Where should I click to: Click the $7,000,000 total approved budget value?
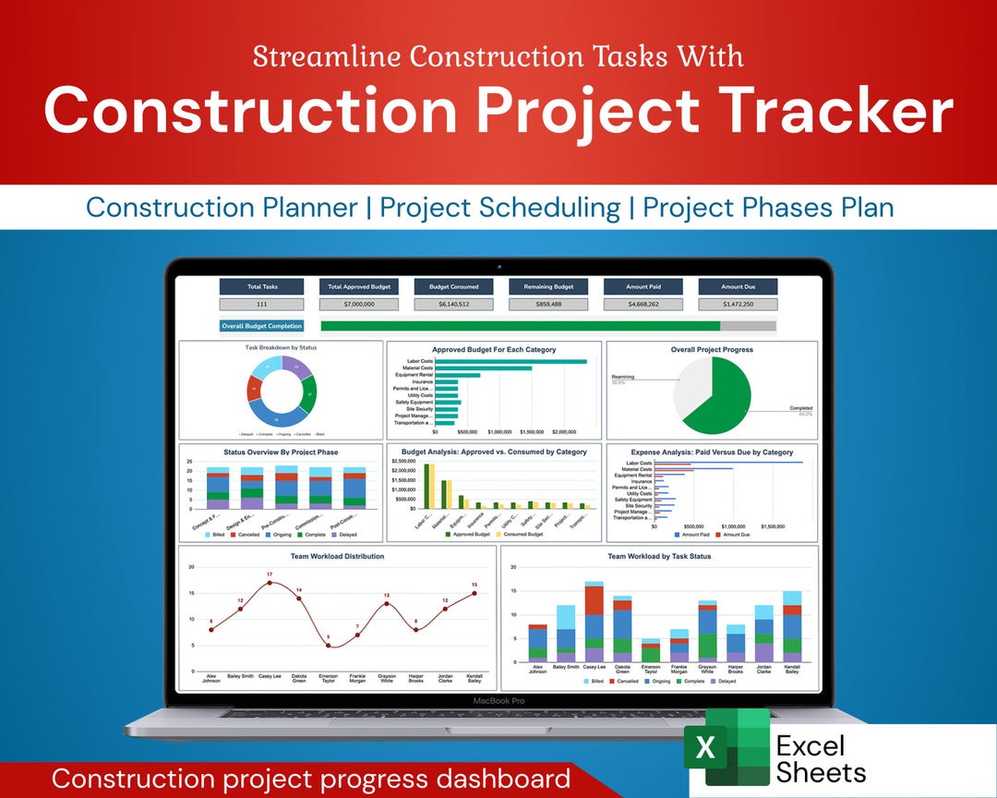tap(356, 304)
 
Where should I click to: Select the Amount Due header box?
tap(738, 286)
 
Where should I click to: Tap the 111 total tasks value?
tap(262, 304)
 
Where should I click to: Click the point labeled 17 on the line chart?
tap(270, 583)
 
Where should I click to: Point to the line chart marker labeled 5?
tap(328, 645)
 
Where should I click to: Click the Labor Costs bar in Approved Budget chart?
tap(511, 361)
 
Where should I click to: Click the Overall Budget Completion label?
tap(262, 326)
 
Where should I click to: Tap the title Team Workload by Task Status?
tap(659, 556)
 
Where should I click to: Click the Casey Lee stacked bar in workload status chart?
tap(594, 623)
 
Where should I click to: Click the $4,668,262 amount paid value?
tap(643, 304)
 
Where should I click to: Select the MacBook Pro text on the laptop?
tap(498, 701)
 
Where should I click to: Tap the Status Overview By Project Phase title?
tap(281, 453)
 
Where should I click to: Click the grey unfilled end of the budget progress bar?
tap(748, 326)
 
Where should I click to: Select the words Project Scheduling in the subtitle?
tap(499, 207)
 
